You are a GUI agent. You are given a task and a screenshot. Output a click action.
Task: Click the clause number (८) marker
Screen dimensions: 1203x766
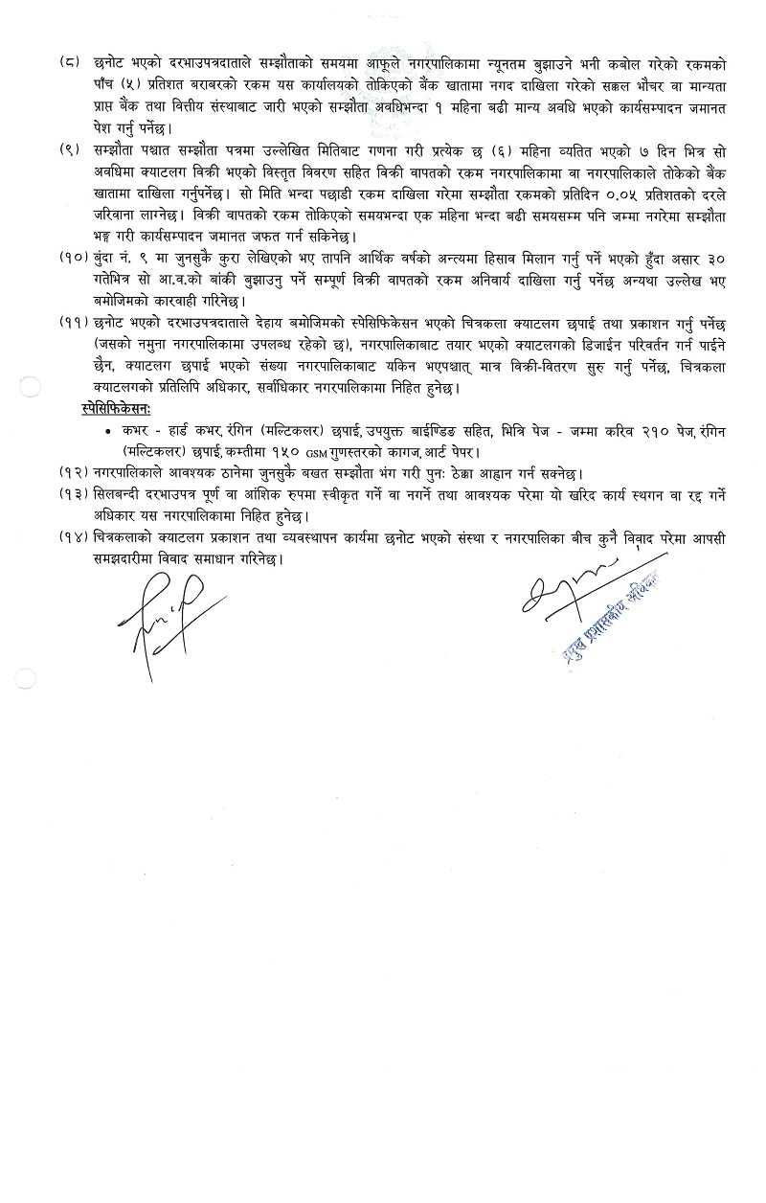[68, 66]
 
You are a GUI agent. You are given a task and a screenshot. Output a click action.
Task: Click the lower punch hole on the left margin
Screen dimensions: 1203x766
[30, 677]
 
